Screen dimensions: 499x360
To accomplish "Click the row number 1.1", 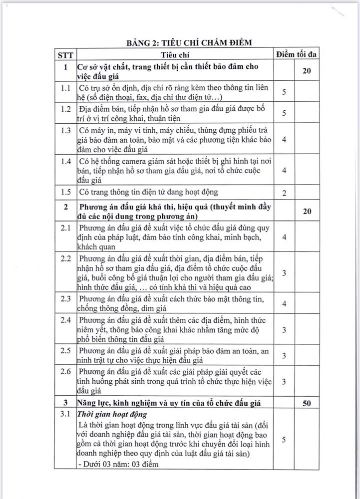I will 65,88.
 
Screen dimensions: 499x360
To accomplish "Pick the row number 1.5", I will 65,192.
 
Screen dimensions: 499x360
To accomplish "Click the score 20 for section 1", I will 307,71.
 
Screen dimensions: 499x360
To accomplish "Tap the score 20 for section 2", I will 307,212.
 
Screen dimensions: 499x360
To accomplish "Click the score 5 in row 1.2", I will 284,113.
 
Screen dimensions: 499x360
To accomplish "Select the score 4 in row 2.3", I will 284,303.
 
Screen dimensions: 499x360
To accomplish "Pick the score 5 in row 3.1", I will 284,440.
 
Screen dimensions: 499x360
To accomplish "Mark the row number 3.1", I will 65,414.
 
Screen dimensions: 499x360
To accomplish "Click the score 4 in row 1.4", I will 284,170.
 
